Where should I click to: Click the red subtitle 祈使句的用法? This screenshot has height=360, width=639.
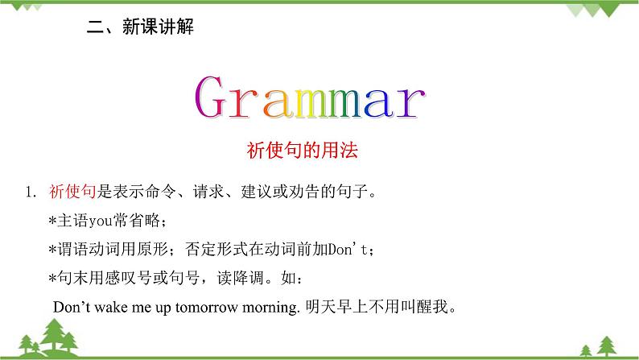[319, 151]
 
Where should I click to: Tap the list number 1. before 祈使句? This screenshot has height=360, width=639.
[31, 193]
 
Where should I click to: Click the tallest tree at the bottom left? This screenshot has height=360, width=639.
[60, 337]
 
